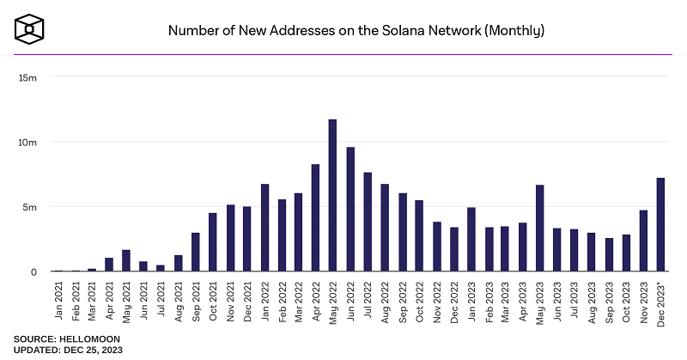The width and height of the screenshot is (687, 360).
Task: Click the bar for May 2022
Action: point(332,196)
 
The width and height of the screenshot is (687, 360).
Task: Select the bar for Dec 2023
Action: point(660,225)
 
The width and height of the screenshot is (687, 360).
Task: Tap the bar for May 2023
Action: point(539,229)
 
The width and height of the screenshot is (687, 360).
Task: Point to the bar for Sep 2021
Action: point(195,253)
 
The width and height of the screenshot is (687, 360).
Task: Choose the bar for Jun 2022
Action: point(350,210)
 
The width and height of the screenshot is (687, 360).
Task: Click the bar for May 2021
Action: point(126,261)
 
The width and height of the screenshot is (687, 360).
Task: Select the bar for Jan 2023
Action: point(471,240)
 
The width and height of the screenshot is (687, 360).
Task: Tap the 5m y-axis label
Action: point(30,207)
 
